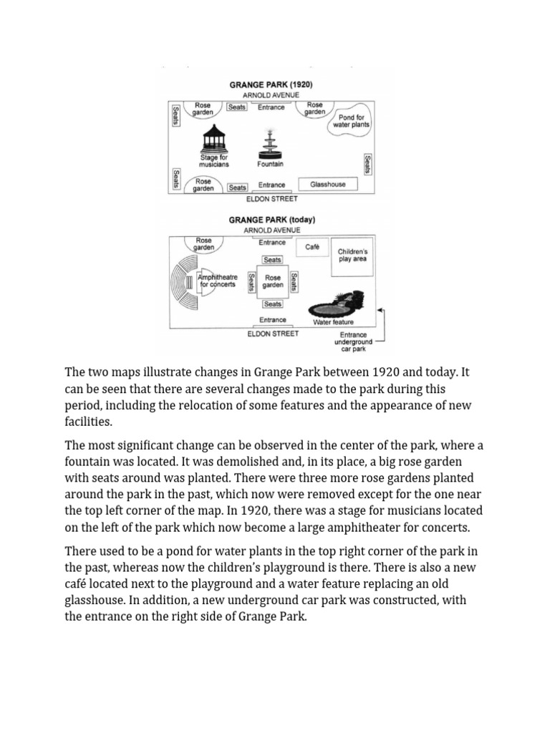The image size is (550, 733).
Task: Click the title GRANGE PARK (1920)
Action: click(271, 84)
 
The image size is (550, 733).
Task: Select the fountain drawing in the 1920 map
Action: click(270, 145)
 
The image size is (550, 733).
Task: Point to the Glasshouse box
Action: click(327, 185)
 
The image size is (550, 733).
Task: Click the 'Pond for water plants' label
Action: click(351, 121)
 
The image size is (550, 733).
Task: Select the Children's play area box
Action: click(352, 256)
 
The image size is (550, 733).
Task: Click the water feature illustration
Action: click(334, 306)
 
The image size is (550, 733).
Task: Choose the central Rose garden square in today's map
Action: click(272, 281)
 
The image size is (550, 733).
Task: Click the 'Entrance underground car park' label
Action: click(353, 341)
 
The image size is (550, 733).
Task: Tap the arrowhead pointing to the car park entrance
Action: click(380, 310)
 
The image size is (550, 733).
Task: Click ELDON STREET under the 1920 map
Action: click(271, 198)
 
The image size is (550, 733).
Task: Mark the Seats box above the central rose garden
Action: click(272, 260)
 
